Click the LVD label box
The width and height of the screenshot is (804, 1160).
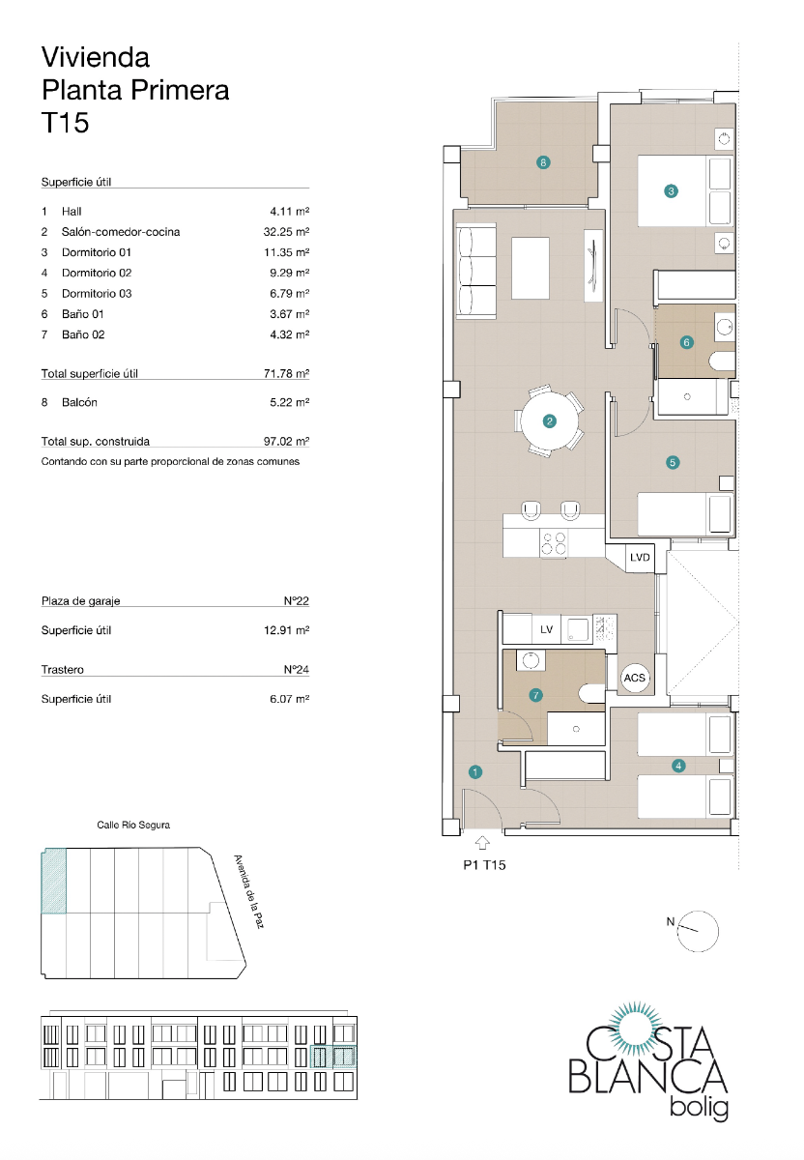[640, 558]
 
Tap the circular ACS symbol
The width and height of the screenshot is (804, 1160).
[634, 679]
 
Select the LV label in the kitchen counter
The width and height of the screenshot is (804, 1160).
[546, 630]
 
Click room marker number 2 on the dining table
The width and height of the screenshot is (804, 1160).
[549, 421]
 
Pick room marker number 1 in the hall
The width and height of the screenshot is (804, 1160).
[475, 771]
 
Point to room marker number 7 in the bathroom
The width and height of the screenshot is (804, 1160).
[536, 695]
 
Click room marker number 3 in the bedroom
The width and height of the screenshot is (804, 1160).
[672, 191]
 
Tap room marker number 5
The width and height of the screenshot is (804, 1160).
[673, 462]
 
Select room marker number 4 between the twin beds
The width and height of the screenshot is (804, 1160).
[679, 766]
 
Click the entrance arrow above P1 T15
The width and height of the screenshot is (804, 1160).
[482, 843]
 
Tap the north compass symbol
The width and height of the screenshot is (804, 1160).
[698, 930]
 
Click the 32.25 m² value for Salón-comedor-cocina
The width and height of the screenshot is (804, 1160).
[289, 232]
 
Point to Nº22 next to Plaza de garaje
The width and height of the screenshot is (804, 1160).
[296, 601]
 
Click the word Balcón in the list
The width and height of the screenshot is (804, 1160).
[79, 402]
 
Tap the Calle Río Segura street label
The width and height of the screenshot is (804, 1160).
[133, 826]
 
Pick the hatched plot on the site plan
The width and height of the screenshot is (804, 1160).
[53, 881]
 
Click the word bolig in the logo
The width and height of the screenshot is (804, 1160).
[698, 1109]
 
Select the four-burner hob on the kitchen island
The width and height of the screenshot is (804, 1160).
[554, 544]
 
